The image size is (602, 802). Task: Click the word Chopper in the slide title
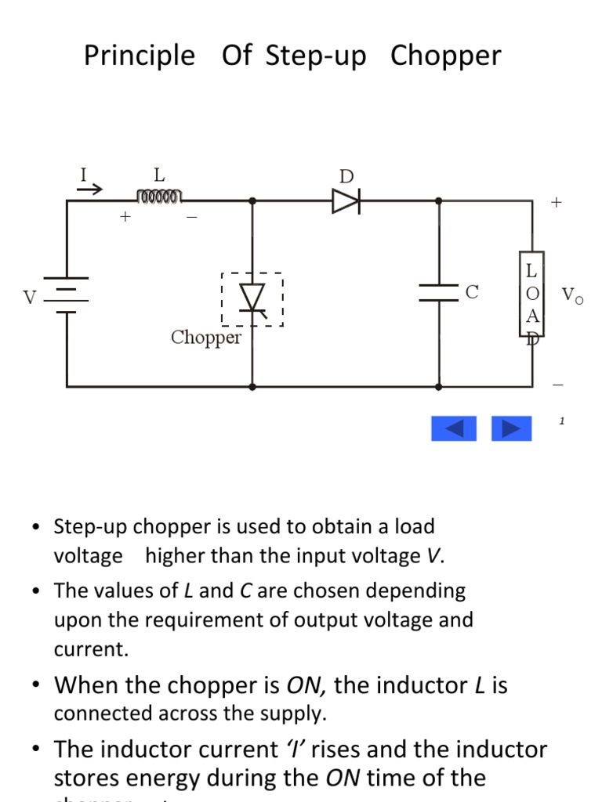[445, 56]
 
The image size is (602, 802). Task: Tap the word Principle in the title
[140, 56]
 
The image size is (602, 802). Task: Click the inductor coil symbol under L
[159, 195]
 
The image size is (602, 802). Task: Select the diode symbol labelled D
[346, 201]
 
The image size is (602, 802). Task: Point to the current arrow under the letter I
[89, 189]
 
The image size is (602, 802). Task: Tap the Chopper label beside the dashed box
[206, 338]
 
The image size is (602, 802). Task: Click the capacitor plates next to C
[438, 292]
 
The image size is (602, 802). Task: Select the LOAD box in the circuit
[531, 294]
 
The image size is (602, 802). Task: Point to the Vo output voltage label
[572, 295]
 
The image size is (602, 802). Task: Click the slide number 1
[562, 421]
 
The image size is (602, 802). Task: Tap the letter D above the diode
[346, 177]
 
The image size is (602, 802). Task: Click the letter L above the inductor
[159, 175]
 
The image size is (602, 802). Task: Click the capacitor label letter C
[472, 292]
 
